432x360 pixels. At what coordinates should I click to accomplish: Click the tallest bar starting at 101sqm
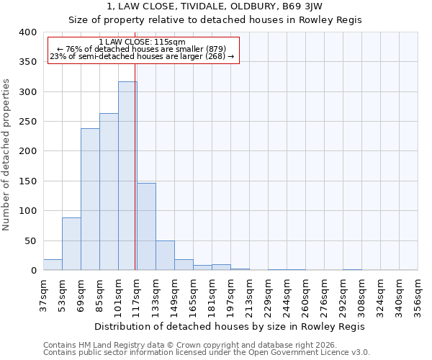pyautogui.click(x=127, y=176)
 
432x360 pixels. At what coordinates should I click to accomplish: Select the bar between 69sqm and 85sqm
pyautogui.click(x=90, y=199)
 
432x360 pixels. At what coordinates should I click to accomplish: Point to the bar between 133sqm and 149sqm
pyautogui.click(x=165, y=256)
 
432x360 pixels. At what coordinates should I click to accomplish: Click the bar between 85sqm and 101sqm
pyautogui.click(x=109, y=192)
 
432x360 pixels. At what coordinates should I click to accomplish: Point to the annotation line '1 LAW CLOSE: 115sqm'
pyautogui.click(x=143, y=42)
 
